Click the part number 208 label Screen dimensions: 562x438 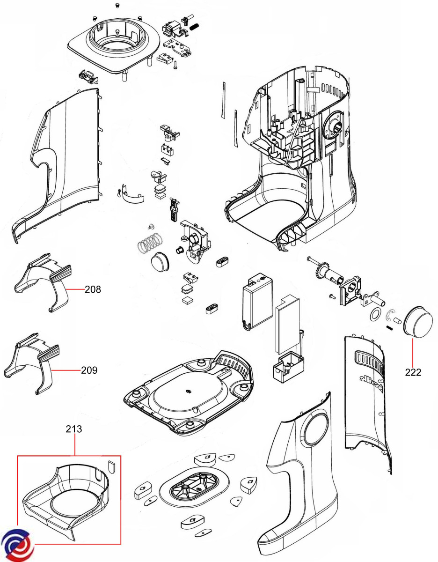click(93, 289)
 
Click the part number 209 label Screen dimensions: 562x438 click(89, 370)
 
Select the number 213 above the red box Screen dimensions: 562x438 click(74, 429)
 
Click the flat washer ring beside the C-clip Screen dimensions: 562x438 click(375, 315)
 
